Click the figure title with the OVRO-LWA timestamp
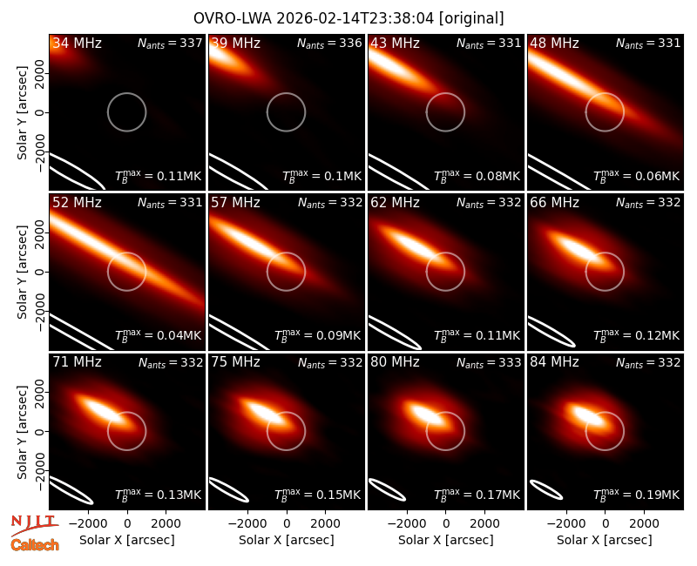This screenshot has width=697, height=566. click(x=348, y=18)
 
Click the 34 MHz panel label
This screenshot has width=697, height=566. click(x=77, y=43)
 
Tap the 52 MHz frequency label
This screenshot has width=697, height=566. click(x=77, y=203)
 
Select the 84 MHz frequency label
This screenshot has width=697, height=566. click(x=554, y=362)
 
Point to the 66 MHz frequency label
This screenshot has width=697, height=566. click(x=554, y=203)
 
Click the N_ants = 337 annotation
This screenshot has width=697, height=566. click(x=170, y=44)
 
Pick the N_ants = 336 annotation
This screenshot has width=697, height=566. click(x=330, y=44)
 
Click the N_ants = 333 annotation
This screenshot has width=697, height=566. click(x=489, y=363)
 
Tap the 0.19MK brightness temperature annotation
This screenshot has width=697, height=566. click(x=637, y=494)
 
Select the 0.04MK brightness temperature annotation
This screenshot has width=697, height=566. click(x=159, y=334)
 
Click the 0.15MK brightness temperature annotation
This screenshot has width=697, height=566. click(x=317, y=494)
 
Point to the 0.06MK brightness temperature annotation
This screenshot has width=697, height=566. click(x=637, y=176)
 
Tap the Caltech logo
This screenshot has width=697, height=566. click(x=35, y=545)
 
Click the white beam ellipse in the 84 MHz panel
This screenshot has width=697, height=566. click(x=546, y=489)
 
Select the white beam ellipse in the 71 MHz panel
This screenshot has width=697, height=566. click(x=71, y=490)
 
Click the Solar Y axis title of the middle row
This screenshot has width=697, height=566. click(x=22, y=272)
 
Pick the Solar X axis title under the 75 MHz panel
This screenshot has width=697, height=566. click(x=287, y=540)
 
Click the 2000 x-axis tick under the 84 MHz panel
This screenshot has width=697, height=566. click(x=644, y=523)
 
